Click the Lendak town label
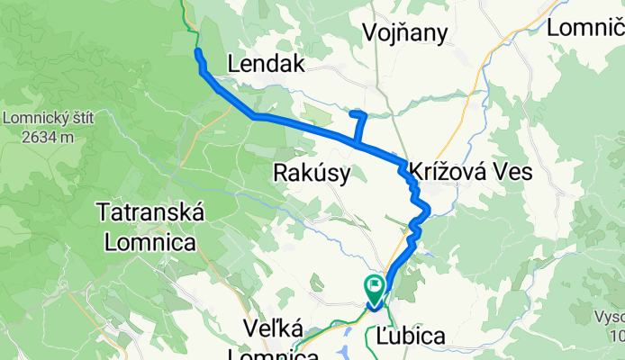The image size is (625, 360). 267,64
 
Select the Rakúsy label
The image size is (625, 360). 311,174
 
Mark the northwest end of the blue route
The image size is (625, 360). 196,54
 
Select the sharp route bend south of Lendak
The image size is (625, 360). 255,116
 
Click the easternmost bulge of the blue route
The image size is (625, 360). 429,211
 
